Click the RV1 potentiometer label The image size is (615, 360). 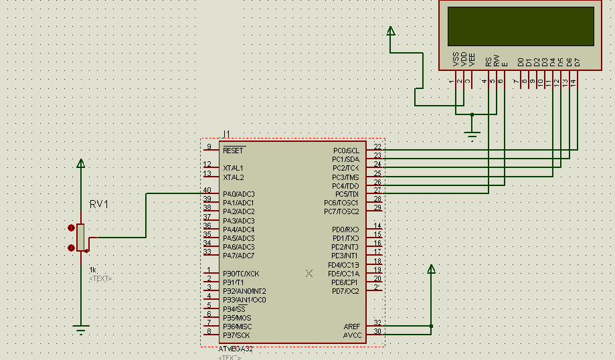pos(99,204)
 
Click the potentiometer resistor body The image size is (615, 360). pos(80,237)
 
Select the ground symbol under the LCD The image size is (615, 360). pos(472,137)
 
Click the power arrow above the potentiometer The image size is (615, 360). pos(81,163)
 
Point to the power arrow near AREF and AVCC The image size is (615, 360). pos(431,269)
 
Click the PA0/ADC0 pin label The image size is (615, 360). pos(238,194)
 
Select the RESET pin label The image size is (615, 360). pos(234,151)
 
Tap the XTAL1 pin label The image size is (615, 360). pos(234,168)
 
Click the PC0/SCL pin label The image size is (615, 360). pos(345,151)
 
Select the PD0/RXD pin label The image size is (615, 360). pos(345,230)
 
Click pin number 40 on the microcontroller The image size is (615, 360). pos(207,191)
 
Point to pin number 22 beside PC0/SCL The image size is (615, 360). pos(378,147)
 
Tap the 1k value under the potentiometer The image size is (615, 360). pos(93,270)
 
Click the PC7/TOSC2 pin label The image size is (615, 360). pos(341,211)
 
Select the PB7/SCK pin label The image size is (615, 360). pos(237,335)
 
